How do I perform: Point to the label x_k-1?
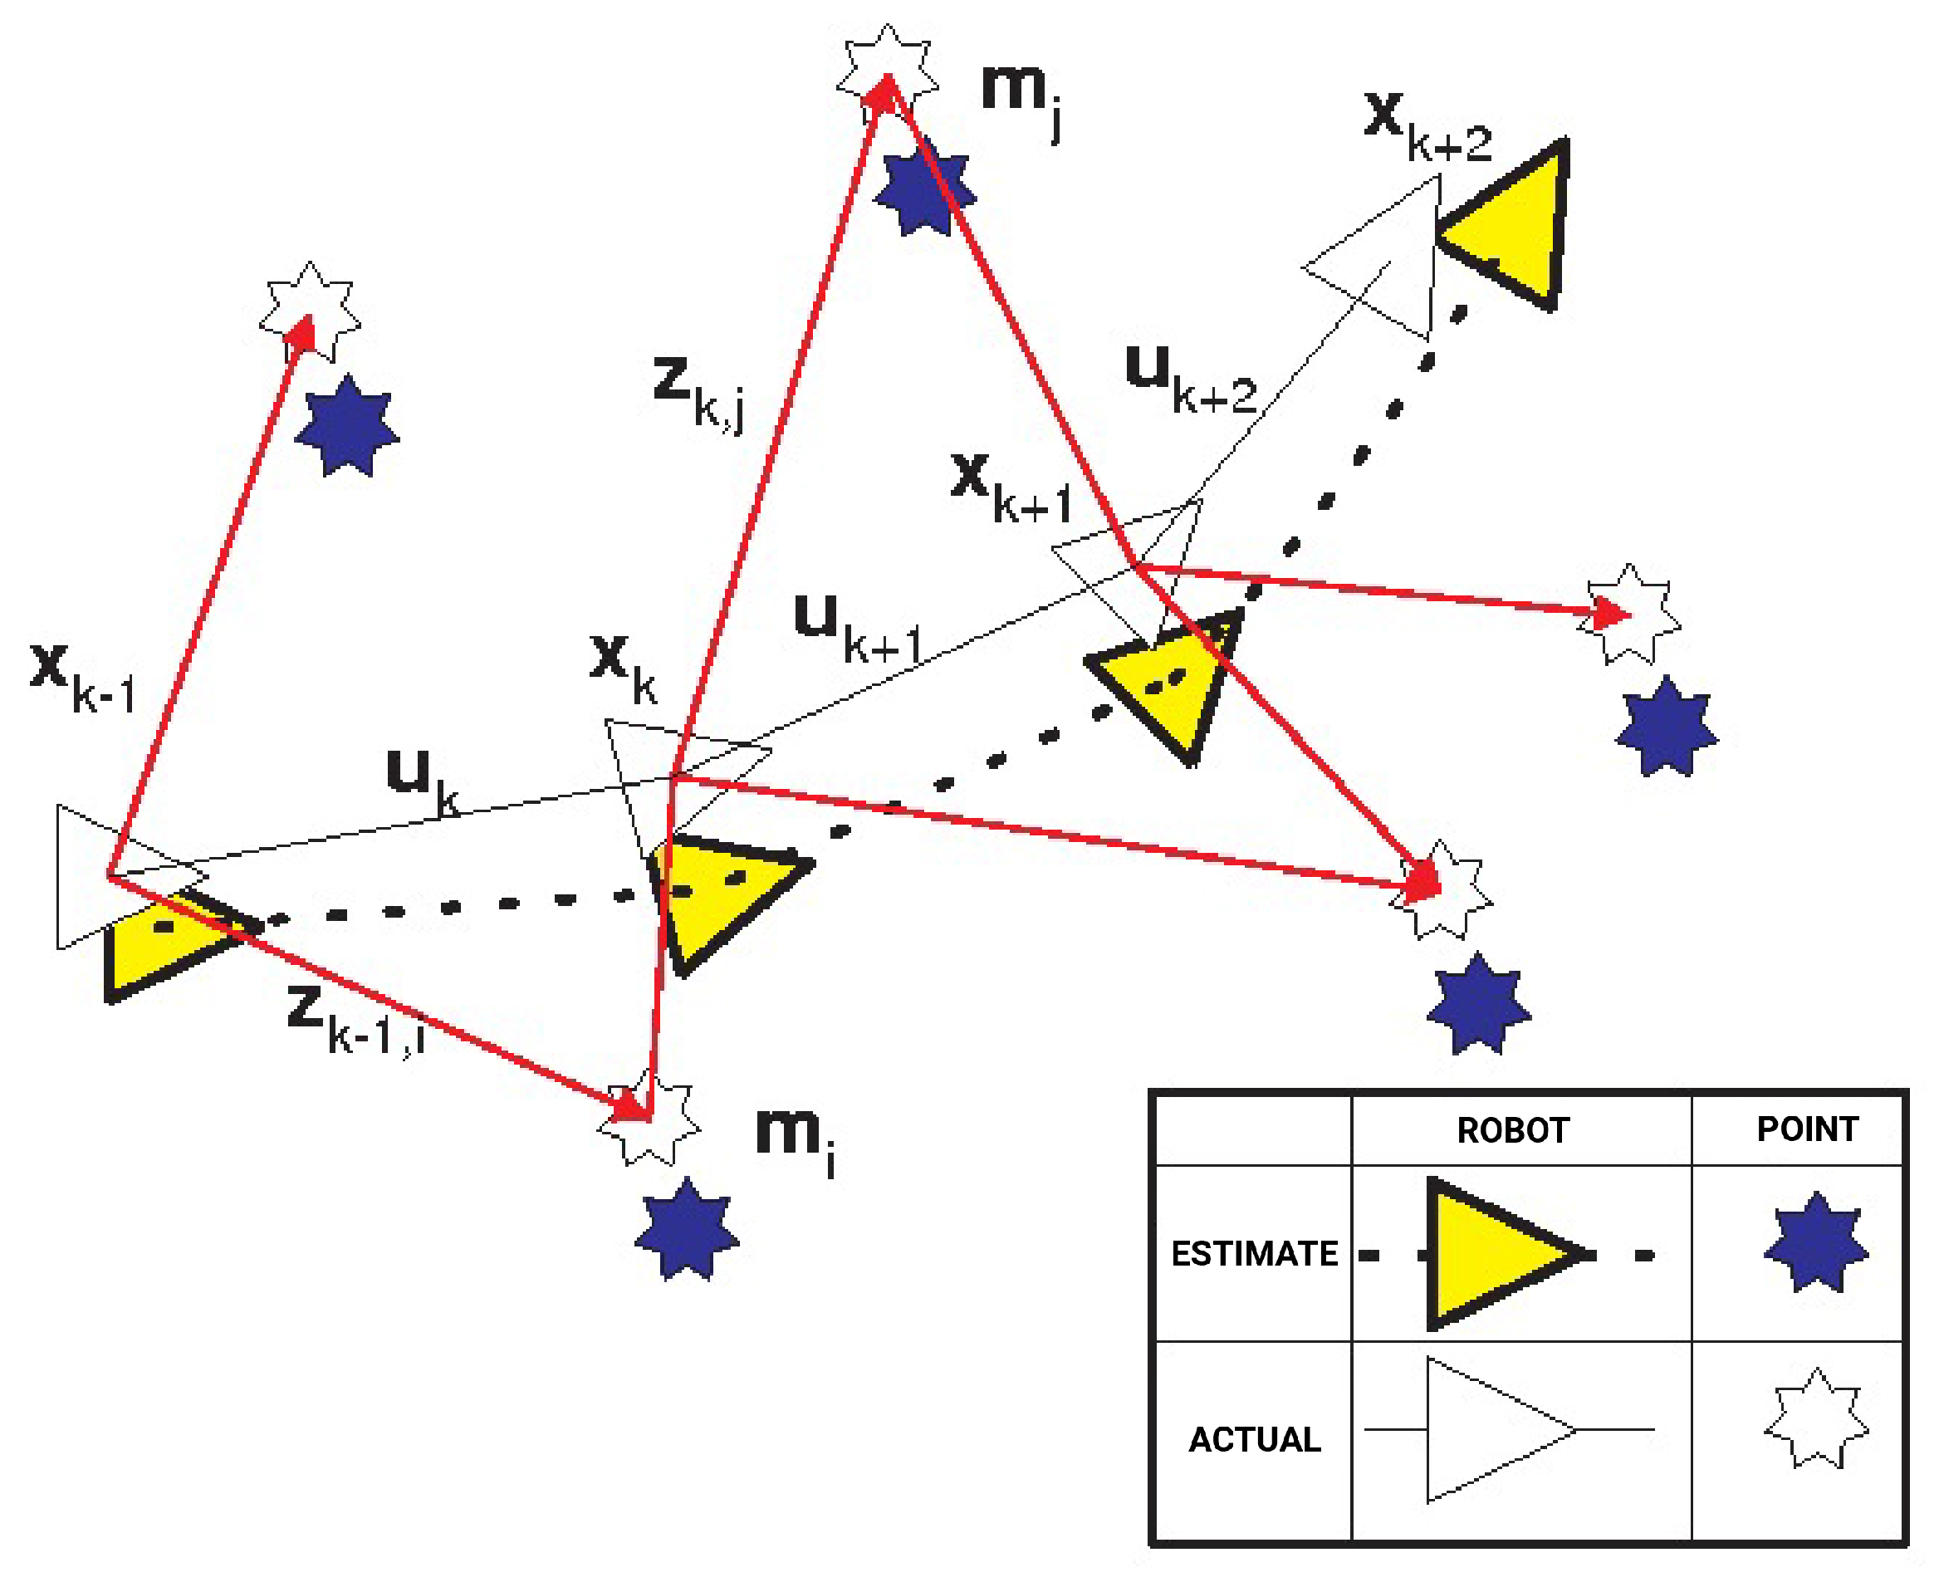point(81,677)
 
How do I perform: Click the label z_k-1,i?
point(355,1021)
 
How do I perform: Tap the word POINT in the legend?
point(1807,1129)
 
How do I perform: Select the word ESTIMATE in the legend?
point(1254,1254)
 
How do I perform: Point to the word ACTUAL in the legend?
point(1254,1440)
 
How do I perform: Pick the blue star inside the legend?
point(1815,1242)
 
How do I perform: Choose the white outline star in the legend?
point(1815,1419)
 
